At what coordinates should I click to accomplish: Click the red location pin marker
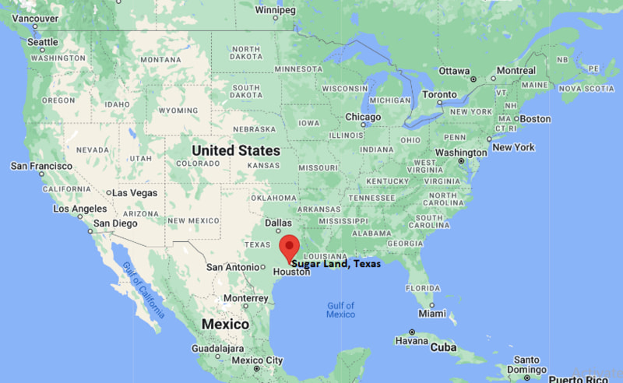pyautogui.click(x=290, y=247)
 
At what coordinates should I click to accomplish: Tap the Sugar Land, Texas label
pyautogui.click(x=336, y=264)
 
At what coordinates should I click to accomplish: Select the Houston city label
pyautogui.click(x=291, y=272)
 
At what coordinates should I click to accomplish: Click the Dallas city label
pyautogui.click(x=278, y=222)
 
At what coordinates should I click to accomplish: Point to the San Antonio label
pyautogui.click(x=231, y=267)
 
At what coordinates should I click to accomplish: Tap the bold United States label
pyautogui.click(x=236, y=149)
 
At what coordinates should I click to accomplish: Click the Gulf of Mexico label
pyautogui.click(x=340, y=310)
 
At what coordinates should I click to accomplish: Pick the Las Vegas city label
pyautogui.click(x=135, y=192)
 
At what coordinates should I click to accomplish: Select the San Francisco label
pyautogui.click(x=41, y=166)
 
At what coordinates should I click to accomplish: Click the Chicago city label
pyautogui.click(x=364, y=117)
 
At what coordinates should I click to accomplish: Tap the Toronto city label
pyautogui.click(x=440, y=94)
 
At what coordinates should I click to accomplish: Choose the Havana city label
pyautogui.click(x=411, y=341)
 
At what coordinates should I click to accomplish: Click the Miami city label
pyautogui.click(x=432, y=313)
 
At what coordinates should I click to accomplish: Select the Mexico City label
pyautogui.click(x=257, y=360)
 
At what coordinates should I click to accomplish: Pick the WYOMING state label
pyautogui.click(x=178, y=111)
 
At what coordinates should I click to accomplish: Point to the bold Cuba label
pyautogui.click(x=444, y=346)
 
